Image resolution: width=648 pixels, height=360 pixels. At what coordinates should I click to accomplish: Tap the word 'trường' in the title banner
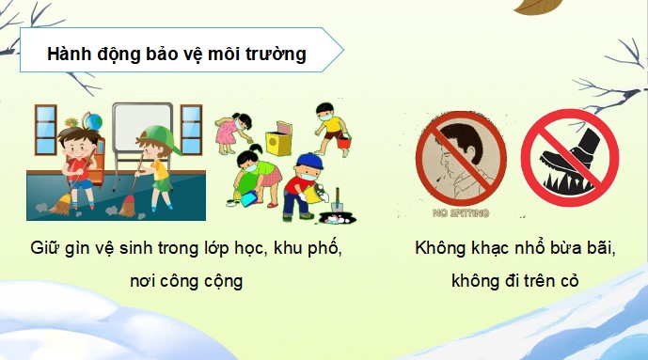coord(278,55)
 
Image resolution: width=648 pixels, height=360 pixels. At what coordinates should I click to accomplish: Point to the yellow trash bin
coord(278,143)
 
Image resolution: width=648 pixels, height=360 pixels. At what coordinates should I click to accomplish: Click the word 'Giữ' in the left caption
coord(44,250)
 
